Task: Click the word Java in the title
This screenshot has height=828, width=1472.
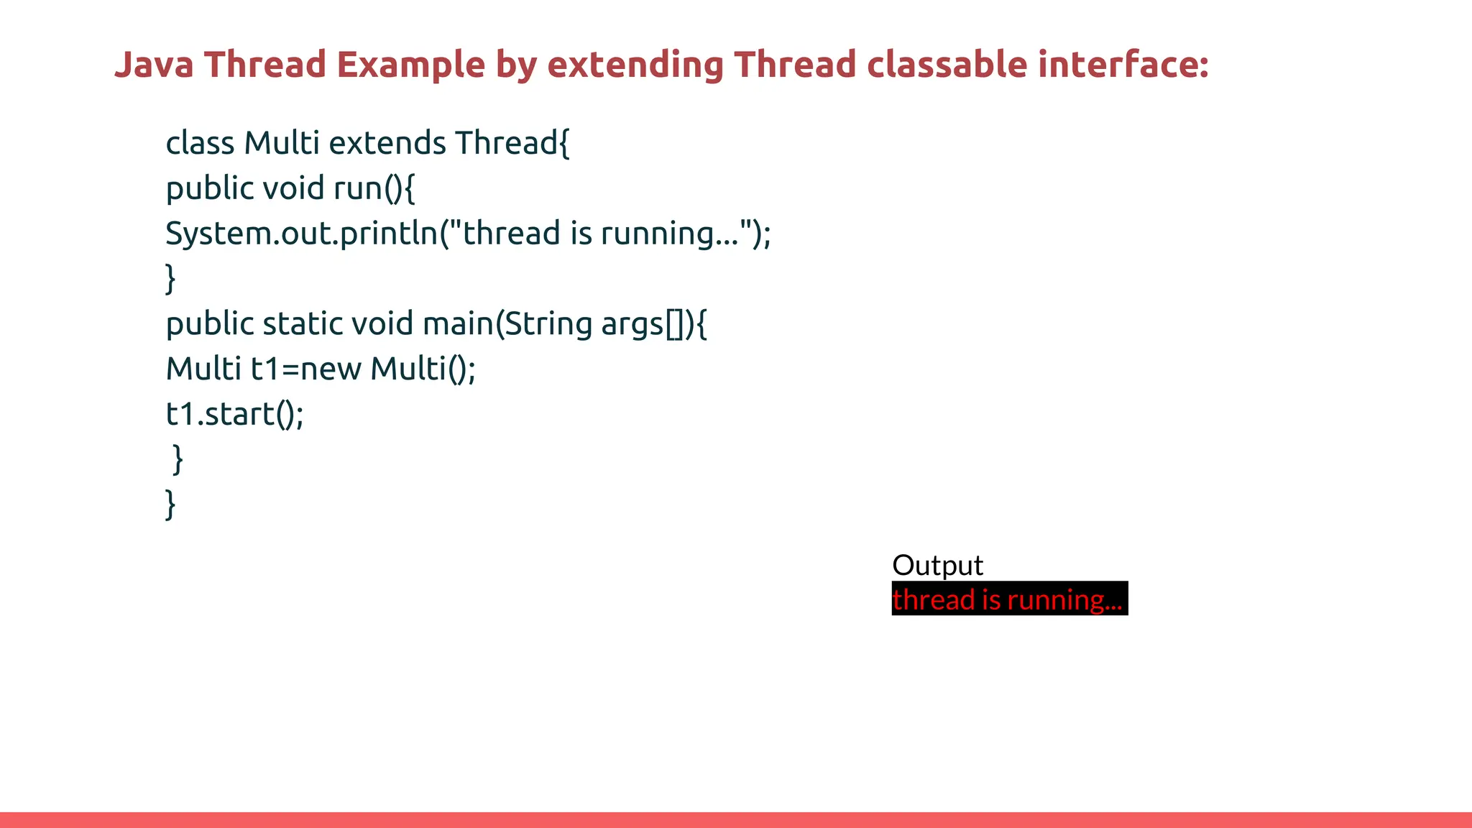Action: (x=154, y=65)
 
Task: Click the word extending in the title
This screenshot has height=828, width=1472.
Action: (x=635, y=65)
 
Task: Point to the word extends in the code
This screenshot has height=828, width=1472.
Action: (x=387, y=143)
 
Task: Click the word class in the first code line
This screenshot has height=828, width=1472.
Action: (x=200, y=143)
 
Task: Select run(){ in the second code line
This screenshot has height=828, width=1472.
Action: (x=374, y=188)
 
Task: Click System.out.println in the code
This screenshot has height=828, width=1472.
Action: (x=302, y=234)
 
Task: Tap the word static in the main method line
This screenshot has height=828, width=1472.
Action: (x=302, y=324)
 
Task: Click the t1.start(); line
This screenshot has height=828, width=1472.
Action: (x=235, y=415)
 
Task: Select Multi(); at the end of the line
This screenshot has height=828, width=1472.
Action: (x=423, y=369)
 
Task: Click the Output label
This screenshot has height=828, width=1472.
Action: (x=937, y=565)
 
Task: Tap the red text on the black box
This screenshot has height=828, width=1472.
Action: (x=1007, y=599)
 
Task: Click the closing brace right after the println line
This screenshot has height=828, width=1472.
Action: (x=170, y=278)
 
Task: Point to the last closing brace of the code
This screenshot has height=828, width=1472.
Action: (x=170, y=504)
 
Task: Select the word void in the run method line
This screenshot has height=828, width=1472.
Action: (x=294, y=188)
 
